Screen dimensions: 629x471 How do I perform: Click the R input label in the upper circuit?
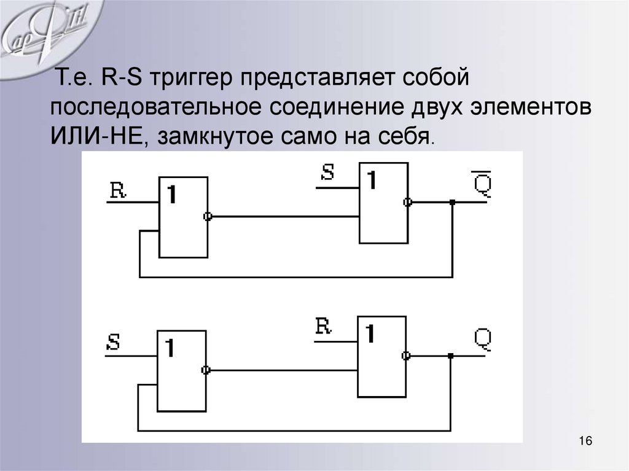[117, 190]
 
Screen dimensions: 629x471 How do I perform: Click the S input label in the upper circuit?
[327, 173]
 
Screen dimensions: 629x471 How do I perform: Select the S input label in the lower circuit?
[113, 342]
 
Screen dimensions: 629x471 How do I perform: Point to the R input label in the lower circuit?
[324, 326]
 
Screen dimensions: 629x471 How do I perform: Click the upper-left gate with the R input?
[183, 216]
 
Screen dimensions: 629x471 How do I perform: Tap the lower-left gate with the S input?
[181, 370]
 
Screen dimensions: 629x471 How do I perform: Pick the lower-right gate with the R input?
[381, 356]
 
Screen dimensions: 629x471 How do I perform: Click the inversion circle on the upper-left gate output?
[208, 216]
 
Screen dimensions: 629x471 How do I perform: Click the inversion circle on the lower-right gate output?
[405, 356]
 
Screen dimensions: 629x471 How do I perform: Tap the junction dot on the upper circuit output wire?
[452, 202]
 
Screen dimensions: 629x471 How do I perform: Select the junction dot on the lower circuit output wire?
[450, 356]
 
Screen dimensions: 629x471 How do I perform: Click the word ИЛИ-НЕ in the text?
[97, 133]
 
